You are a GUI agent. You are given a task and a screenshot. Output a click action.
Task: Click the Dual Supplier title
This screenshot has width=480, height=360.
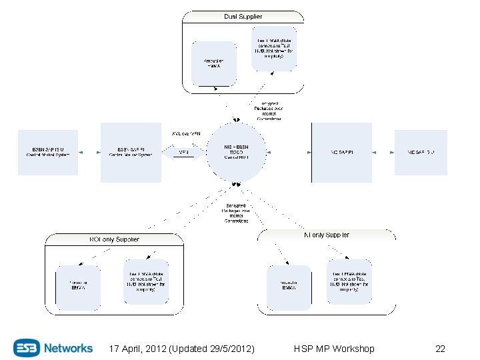[243, 16]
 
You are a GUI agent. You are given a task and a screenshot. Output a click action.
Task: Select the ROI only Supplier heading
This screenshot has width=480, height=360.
[114, 239]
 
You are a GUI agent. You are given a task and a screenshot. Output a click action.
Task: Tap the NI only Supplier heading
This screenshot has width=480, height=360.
[327, 235]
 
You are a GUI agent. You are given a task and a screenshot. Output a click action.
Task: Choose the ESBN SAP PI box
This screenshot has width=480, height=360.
[131, 153]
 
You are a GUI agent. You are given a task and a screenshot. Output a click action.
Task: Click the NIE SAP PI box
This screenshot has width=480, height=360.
[341, 153]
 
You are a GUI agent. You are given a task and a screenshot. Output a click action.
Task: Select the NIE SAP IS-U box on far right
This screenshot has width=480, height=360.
[421, 153]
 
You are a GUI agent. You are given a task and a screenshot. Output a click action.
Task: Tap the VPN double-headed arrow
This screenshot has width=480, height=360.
[183, 153]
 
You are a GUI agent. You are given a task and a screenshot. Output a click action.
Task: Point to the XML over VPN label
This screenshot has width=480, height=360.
[186, 133]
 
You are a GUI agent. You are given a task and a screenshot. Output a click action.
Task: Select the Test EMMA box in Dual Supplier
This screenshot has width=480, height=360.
[273, 49]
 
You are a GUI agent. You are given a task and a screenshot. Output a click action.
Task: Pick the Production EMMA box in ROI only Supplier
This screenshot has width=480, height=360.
[77, 287]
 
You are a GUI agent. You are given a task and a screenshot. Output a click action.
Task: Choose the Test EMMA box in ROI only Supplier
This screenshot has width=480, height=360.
[145, 282]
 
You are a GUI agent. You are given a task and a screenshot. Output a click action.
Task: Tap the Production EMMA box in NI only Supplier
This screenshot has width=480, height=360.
[289, 287]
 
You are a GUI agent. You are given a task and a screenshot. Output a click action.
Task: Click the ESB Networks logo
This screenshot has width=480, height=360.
[53, 348]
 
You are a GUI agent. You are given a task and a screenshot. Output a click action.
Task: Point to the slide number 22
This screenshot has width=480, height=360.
[440, 349]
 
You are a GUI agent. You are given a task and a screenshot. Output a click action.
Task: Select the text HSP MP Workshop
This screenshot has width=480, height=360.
[333, 349]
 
